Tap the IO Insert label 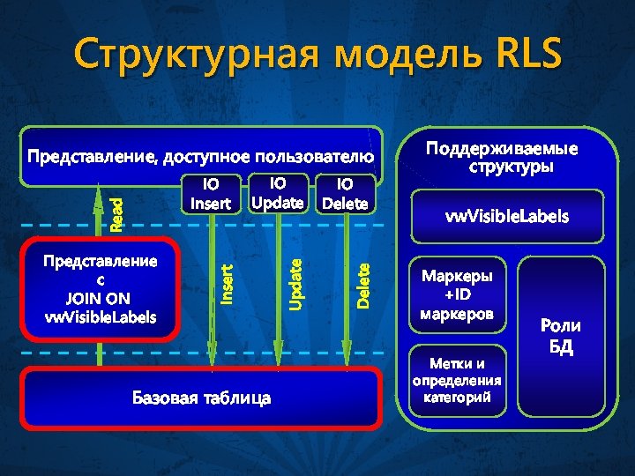tap(210, 194)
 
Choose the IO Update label tap(278, 193)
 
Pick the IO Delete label tap(345, 194)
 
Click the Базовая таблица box tap(202, 398)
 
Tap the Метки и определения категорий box tap(456, 380)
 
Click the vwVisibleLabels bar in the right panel tap(505, 216)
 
